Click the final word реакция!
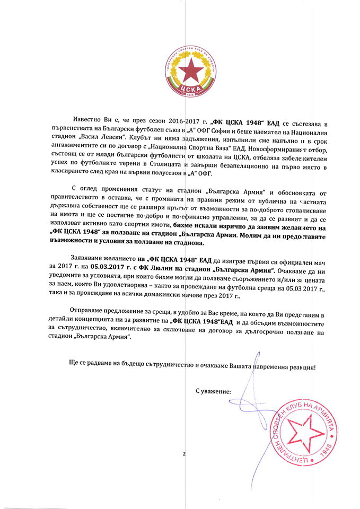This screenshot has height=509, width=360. point(304,367)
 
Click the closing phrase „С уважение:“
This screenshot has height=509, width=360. point(213,392)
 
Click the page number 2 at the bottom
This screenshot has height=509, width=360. point(183,454)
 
